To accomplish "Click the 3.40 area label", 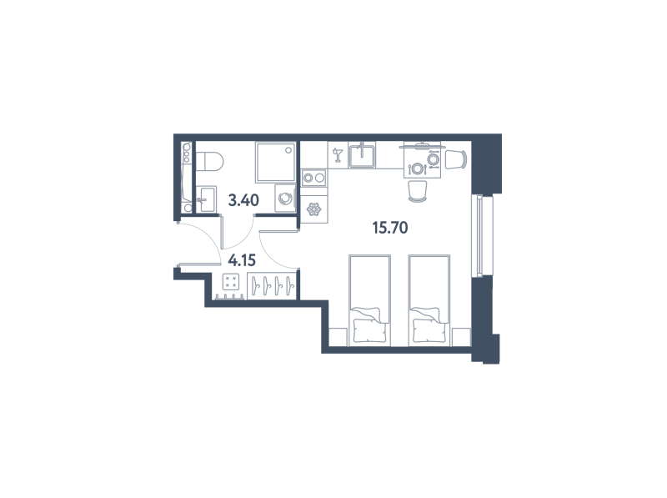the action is [x=243, y=199].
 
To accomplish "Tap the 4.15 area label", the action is [x=242, y=259].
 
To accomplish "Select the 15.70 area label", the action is [x=390, y=228].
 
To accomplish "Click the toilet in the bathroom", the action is [x=210, y=162].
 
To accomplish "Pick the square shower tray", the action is [x=275, y=162].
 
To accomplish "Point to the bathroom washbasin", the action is [x=207, y=199].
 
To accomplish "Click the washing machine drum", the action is [x=284, y=198].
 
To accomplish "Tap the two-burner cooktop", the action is [x=313, y=178].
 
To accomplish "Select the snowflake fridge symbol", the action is [x=314, y=209].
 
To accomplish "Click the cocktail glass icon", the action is [x=338, y=155].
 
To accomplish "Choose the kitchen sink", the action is [x=362, y=155].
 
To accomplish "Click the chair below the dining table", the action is [x=418, y=191].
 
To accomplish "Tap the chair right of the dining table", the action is [x=456, y=159].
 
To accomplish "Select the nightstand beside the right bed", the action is [x=461, y=337].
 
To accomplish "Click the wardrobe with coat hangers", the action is [x=273, y=286].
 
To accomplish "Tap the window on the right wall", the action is [x=479, y=235].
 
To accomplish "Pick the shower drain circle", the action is [x=288, y=150].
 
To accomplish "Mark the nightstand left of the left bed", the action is [x=339, y=337].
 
